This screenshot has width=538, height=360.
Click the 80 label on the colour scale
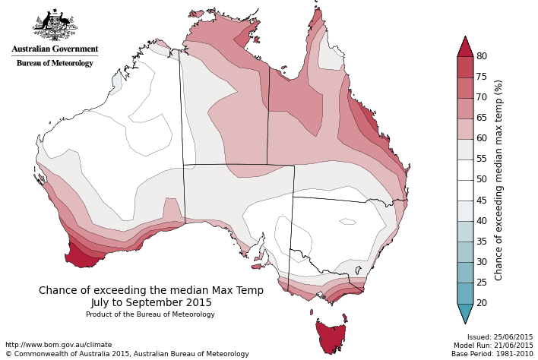point(482,56)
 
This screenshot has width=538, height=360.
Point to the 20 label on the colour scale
point(482,303)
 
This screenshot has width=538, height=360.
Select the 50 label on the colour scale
point(482,180)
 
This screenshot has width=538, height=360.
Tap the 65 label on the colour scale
point(482,118)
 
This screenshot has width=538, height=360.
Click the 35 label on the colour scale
point(482,242)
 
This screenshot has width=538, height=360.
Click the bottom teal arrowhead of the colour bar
point(465,312)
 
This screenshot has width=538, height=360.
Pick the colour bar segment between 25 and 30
point(465,272)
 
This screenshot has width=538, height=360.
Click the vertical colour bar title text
point(499,180)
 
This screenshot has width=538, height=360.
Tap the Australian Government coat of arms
point(55,26)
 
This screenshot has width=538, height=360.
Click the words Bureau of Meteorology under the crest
point(55,63)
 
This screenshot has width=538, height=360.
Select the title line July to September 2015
point(151,302)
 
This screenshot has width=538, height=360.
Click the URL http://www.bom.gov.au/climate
point(59,345)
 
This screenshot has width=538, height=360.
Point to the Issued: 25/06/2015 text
point(500,337)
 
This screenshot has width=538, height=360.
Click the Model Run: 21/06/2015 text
point(493,346)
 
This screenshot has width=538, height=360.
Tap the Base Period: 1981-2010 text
point(492,354)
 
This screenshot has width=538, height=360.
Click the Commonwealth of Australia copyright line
point(127,354)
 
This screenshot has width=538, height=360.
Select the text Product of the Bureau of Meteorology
point(150,314)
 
